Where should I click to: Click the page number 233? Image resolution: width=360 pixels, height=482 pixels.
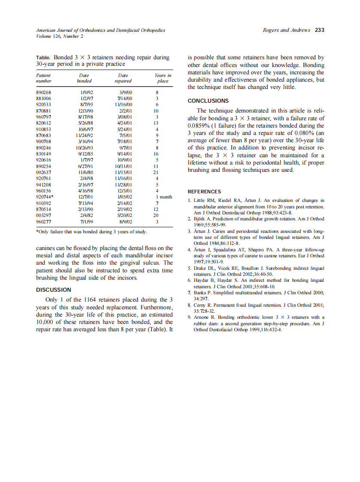(x=319, y=31)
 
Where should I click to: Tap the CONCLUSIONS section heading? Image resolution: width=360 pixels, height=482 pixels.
(x=208, y=101)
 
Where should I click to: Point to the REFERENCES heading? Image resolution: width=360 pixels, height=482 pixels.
(x=204, y=192)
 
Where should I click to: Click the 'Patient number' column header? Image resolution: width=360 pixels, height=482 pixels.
(x=44, y=78)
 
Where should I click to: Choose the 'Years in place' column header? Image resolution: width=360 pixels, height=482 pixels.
(x=163, y=78)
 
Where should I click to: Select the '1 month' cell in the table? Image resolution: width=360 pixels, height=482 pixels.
(x=163, y=197)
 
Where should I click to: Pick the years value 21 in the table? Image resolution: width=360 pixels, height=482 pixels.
(x=156, y=172)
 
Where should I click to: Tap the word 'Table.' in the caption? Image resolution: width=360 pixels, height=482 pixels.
(x=43, y=57)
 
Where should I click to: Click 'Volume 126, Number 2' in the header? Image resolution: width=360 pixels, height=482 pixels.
(x=60, y=37)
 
